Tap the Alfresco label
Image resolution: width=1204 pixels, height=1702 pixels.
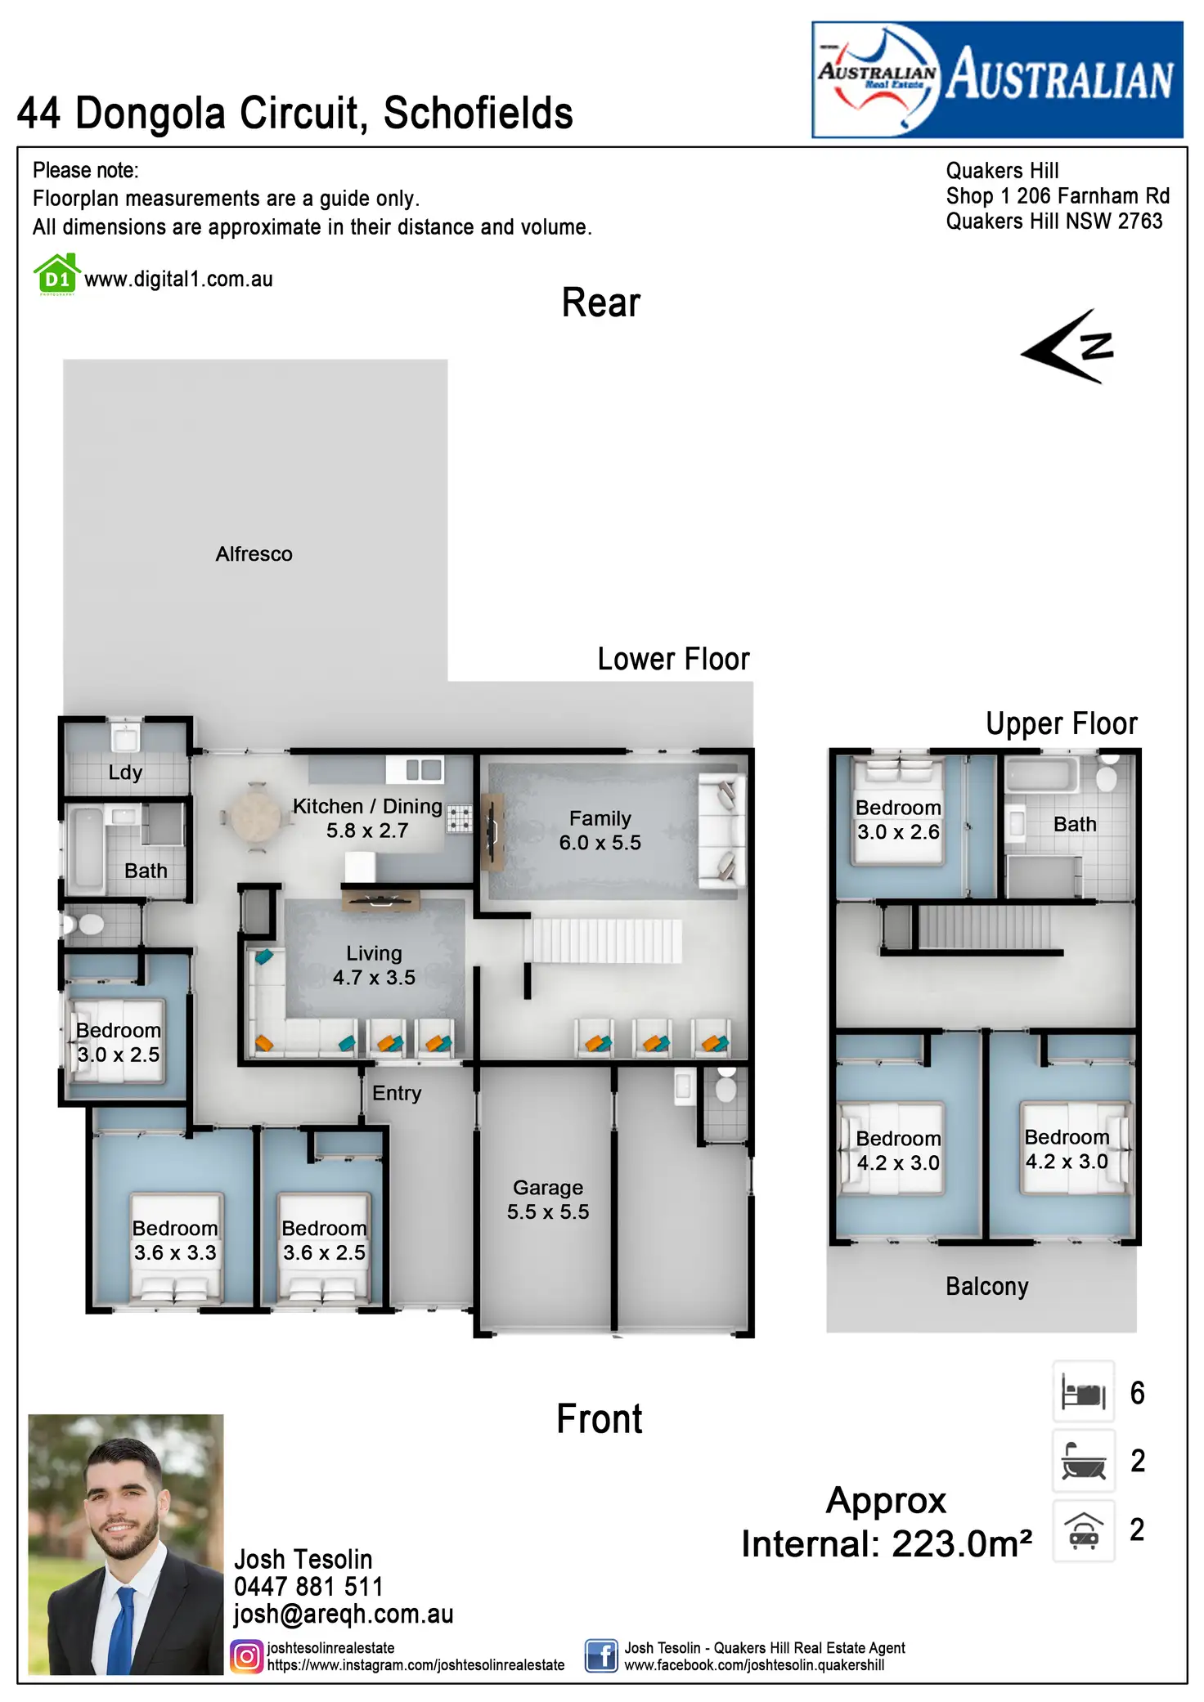(x=254, y=554)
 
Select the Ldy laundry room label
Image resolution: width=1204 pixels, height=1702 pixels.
(x=125, y=773)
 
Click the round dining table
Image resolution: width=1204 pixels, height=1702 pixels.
(x=256, y=817)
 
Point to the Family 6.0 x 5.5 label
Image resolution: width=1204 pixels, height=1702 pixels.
(x=600, y=831)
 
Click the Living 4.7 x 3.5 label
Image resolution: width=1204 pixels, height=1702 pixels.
(x=374, y=965)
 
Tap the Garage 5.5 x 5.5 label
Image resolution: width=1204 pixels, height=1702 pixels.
(x=548, y=1199)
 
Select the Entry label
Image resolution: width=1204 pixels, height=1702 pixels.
(x=397, y=1093)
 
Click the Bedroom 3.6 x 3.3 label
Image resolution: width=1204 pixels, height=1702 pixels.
(x=175, y=1240)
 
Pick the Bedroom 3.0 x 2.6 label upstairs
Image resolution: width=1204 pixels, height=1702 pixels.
(x=898, y=820)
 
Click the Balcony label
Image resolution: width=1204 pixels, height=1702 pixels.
(x=986, y=1287)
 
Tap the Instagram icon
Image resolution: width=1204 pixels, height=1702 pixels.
(x=246, y=1656)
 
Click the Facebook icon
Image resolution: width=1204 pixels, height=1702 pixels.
(x=601, y=1656)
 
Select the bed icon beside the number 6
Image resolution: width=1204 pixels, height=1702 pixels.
(x=1083, y=1392)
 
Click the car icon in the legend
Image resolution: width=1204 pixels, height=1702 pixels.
(x=1083, y=1530)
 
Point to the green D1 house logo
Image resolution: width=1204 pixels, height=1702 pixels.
(x=56, y=275)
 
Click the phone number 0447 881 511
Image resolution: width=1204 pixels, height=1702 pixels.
(x=308, y=1587)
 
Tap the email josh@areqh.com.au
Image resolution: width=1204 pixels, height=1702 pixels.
(x=344, y=1615)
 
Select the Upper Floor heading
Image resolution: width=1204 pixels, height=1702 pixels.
(x=1061, y=723)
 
